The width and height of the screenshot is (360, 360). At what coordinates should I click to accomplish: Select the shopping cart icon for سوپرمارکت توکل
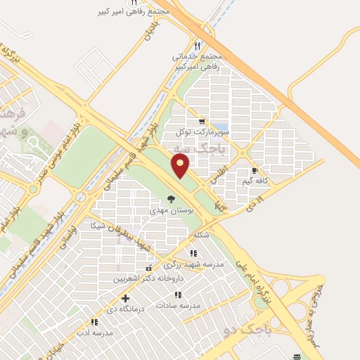coord(202,121)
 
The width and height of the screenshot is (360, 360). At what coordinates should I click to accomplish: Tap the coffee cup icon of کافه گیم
coord(255,170)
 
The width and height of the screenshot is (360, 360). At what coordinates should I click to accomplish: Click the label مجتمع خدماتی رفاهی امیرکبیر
coord(195,60)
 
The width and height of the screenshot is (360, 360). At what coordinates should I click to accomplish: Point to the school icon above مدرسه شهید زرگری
coord(193,253)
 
